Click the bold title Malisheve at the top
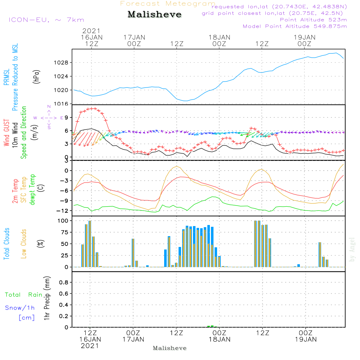tap(154, 15)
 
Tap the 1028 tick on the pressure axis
tap(63, 63)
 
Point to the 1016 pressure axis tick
tap(63, 104)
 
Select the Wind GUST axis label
tap(7, 133)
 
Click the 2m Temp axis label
tap(15, 190)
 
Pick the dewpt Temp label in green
tap(32, 190)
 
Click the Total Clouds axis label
tap(7, 244)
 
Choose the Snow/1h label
tap(20, 308)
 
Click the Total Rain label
tap(23, 294)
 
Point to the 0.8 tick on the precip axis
tap(64, 283)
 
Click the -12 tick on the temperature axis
tap(63, 211)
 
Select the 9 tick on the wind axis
tap(66, 117)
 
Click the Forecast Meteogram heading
tap(167, 4)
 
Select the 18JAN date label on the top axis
tap(219, 37)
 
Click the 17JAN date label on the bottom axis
tap(133, 339)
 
